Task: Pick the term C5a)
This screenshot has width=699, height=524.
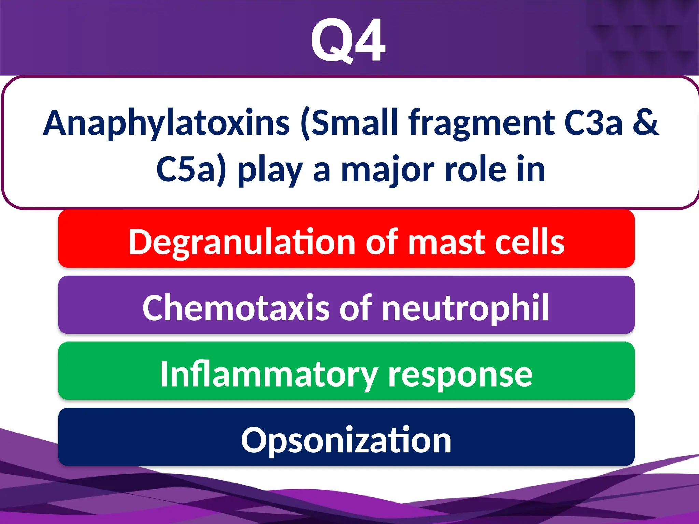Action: (x=191, y=170)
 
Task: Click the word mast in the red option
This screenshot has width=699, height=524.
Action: (x=447, y=242)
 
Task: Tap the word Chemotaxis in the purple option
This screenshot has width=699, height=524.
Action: (x=236, y=308)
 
